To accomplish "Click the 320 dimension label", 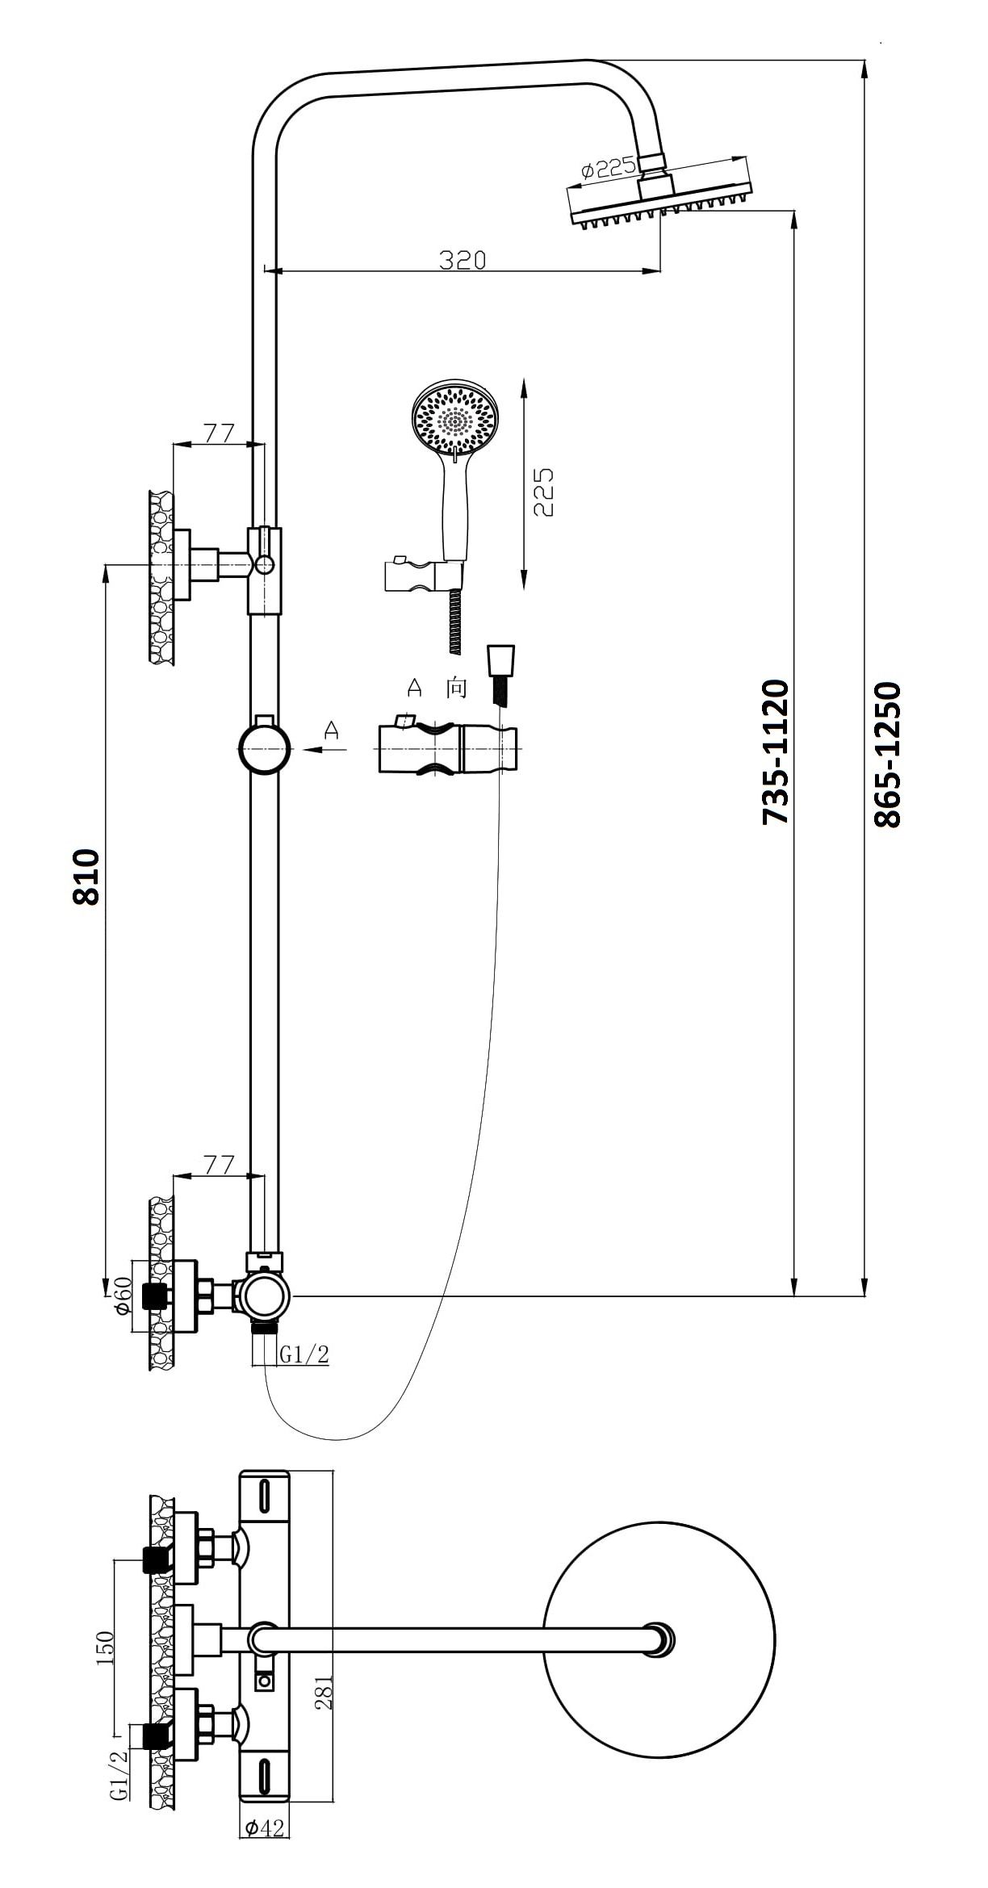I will (463, 260).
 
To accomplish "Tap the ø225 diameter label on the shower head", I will (608, 169).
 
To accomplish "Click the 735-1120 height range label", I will (776, 751).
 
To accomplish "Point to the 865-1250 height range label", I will (887, 754).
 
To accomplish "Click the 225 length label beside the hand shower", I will (543, 492).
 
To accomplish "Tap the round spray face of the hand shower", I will (455, 418).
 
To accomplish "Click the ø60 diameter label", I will (123, 1295).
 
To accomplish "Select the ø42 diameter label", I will (266, 1850).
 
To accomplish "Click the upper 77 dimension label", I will (218, 433).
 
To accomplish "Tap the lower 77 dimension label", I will (218, 1165).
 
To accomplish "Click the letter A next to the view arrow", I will (332, 731).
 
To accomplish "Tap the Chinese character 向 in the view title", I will (456, 688).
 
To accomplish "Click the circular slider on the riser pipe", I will (264, 749).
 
